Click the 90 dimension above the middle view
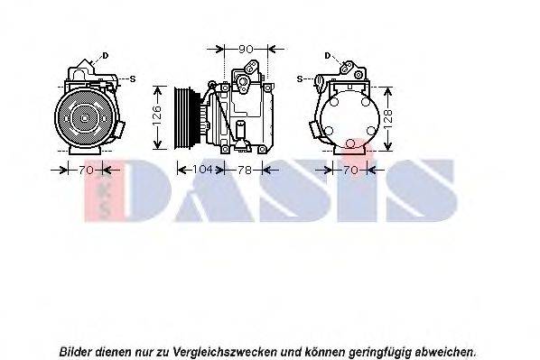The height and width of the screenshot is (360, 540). coord(244,48)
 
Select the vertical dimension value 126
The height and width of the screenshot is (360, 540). coord(156,115)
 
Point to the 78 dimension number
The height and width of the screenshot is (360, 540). coord(243,169)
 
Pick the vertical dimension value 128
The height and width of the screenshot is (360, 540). coord(389,117)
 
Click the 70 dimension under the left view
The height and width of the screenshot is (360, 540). coord(85,169)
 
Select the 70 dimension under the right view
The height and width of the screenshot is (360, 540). coord(353,169)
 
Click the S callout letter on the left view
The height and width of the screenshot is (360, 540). coord(133,78)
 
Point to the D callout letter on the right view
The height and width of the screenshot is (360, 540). coord(327,56)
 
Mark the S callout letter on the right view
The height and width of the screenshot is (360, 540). coord(299,78)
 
